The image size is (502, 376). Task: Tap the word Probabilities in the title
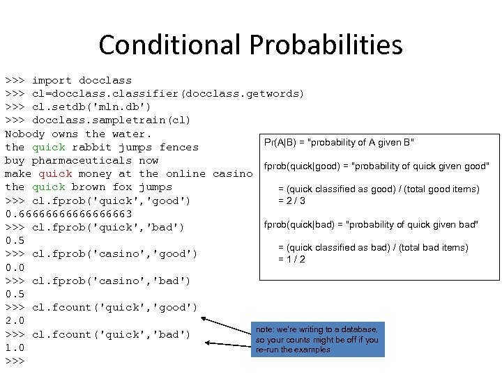(x=326, y=45)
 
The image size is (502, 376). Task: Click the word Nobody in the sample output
(x=25, y=134)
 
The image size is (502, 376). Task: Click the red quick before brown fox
(x=49, y=187)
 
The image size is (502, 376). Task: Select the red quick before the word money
(x=55, y=173)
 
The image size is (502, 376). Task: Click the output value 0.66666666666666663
(x=68, y=214)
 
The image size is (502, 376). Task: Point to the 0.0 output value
(x=15, y=267)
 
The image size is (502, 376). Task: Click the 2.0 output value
(x=15, y=321)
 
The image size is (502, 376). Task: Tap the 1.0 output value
(x=15, y=347)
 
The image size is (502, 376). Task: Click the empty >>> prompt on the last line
(x=15, y=361)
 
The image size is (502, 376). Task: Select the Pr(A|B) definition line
(x=340, y=143)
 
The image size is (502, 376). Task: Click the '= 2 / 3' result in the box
(x=292, y=201)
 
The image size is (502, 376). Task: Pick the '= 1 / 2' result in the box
(x=292, y=260)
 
